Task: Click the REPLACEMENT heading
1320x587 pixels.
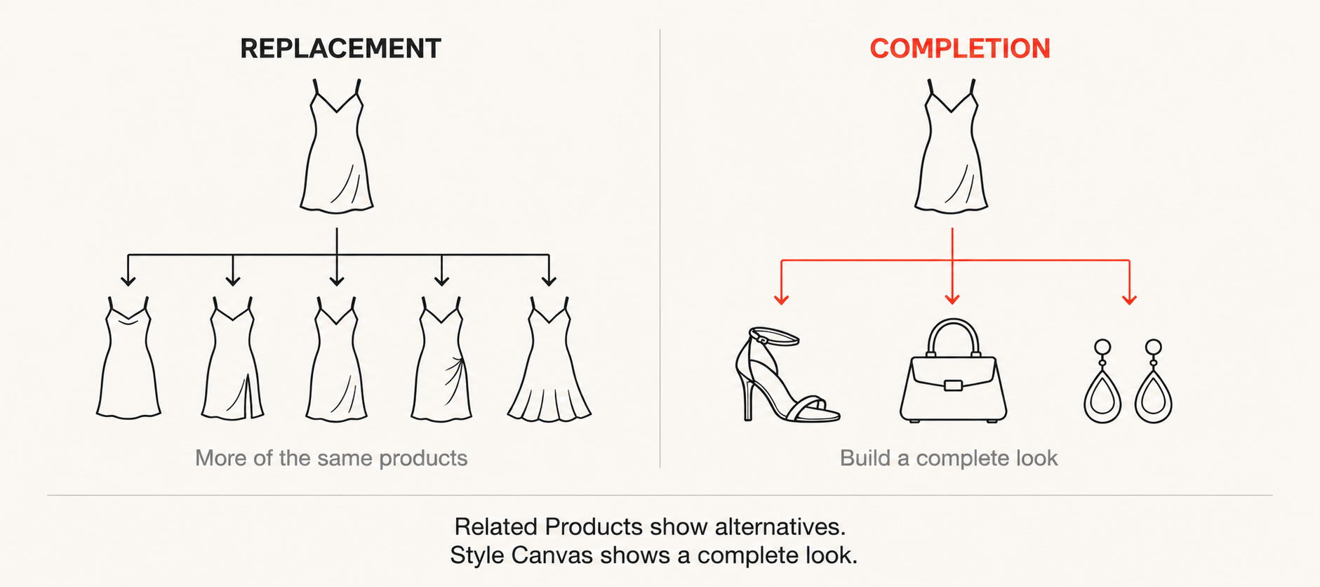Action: tap(340, 48)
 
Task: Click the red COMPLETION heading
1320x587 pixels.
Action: tap(960, 48)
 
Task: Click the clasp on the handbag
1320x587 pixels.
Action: tap(953, 385)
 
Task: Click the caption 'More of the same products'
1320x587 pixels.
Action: tap(331, 458)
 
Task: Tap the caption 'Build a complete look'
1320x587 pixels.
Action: tap(949, 458)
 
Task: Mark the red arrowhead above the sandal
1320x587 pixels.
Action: tap(782, 300)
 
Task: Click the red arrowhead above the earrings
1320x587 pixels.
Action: tap(1129, 300)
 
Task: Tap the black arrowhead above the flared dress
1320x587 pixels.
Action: tap(549, 281)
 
